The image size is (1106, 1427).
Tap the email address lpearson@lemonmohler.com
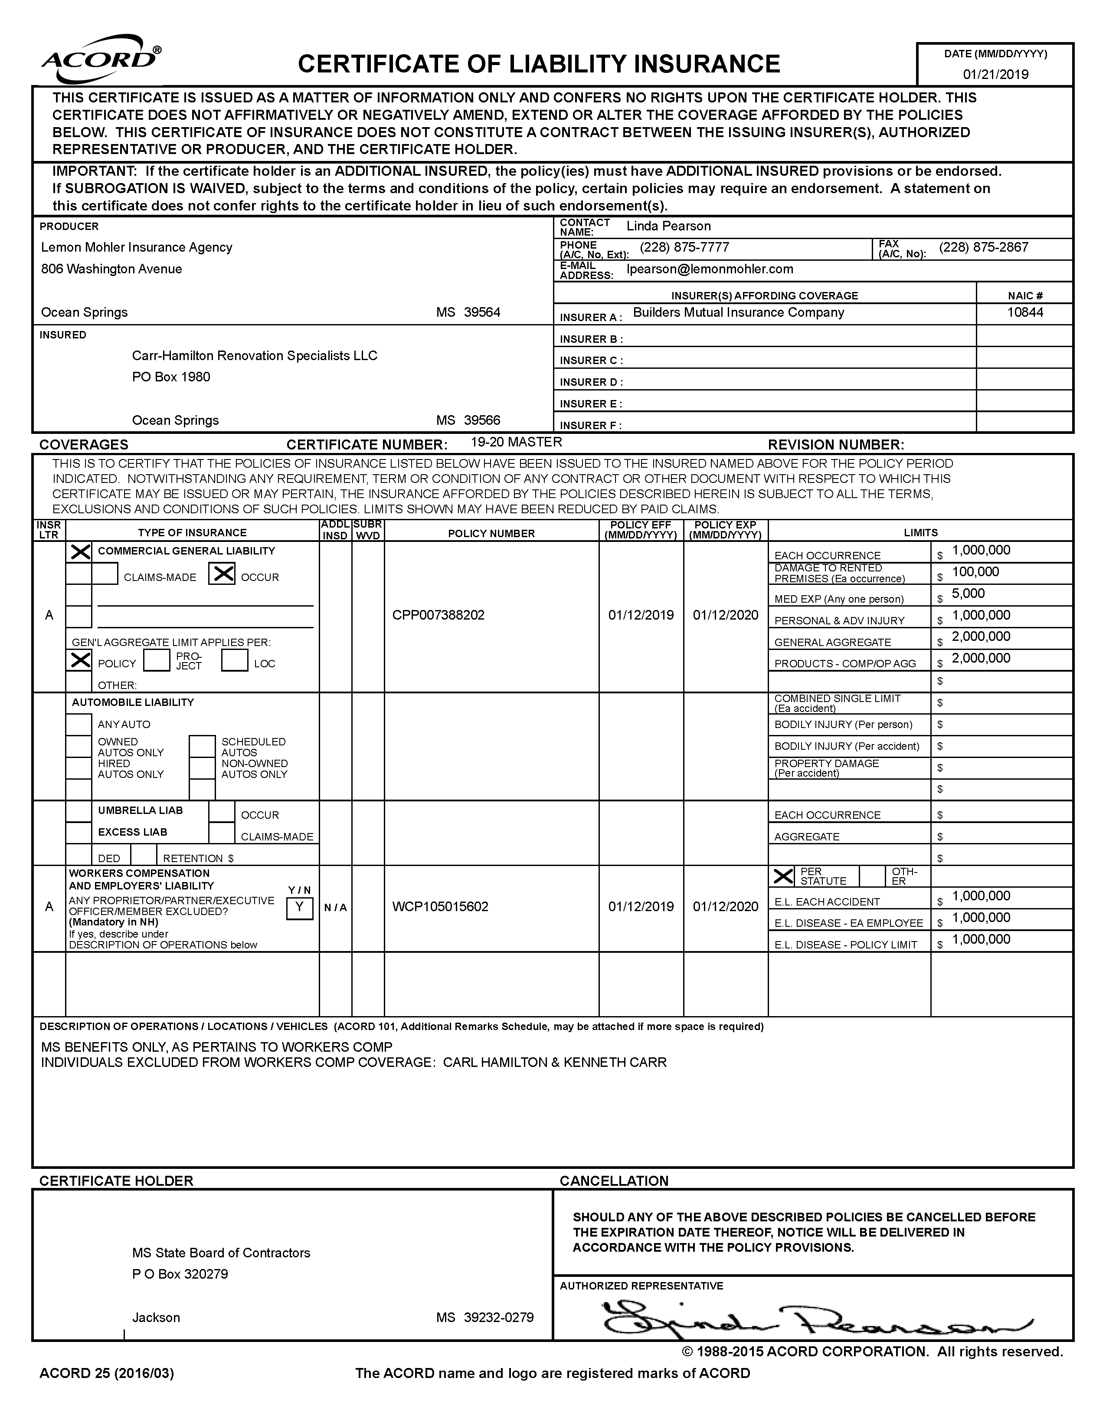click(x=710, y=269)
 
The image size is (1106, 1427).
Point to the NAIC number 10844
click(x=1024, y=312)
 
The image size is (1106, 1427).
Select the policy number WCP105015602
click(x=440, y=907)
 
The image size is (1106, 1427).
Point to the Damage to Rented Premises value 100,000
click(x=975, y=572)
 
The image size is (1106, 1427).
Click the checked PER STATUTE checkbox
click(x=783, y=876)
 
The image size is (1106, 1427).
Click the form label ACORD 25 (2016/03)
click(x=107, y=1374)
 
